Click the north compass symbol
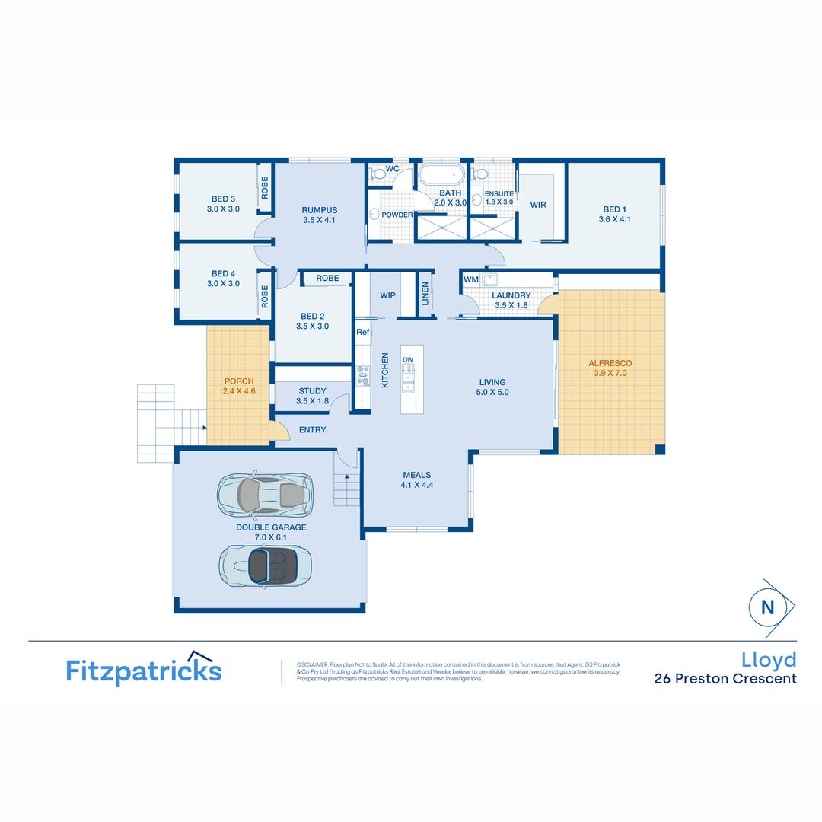(768, 607)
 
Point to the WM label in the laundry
(471, 280)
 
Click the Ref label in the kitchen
(362, 332)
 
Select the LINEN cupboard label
(425, 293)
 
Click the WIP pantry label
(387, 295)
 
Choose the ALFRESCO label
(610, 364)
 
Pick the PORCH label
(238, 381)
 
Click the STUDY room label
(312, 391)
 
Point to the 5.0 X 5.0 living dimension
(492, 393)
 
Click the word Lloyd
(769, 659)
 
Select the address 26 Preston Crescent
(725, 679)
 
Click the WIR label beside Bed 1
(538, 205)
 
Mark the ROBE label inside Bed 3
(265, 187)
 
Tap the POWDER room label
(397, 215)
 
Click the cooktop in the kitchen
(362, 374)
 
